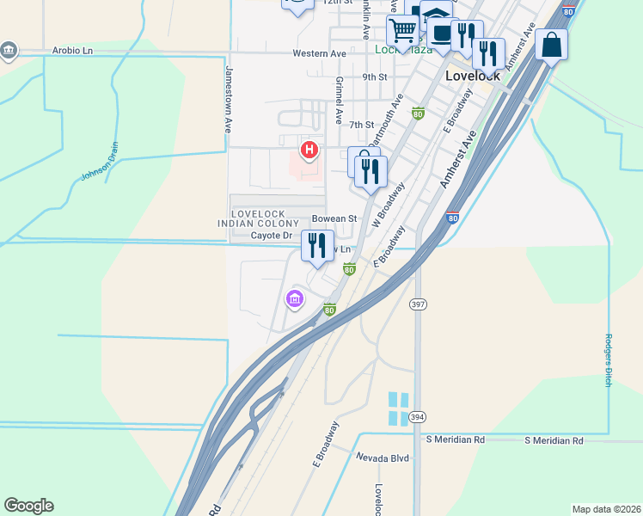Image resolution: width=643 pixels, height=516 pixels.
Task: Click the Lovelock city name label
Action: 474,76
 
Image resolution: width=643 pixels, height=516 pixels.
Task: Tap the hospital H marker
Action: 309,151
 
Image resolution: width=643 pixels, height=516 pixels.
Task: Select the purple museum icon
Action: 294,299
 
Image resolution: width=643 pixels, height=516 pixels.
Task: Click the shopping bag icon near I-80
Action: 551,44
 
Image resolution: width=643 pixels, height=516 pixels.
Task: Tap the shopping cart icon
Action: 401,30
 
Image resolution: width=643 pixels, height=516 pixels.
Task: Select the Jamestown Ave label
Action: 230,99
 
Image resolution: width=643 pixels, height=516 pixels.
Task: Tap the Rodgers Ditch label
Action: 608,359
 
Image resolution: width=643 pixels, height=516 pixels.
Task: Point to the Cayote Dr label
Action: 272,235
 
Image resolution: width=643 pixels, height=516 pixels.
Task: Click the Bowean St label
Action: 334,218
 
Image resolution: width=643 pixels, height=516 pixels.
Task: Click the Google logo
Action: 28,506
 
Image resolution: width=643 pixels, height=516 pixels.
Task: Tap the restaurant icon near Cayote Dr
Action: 317,246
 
